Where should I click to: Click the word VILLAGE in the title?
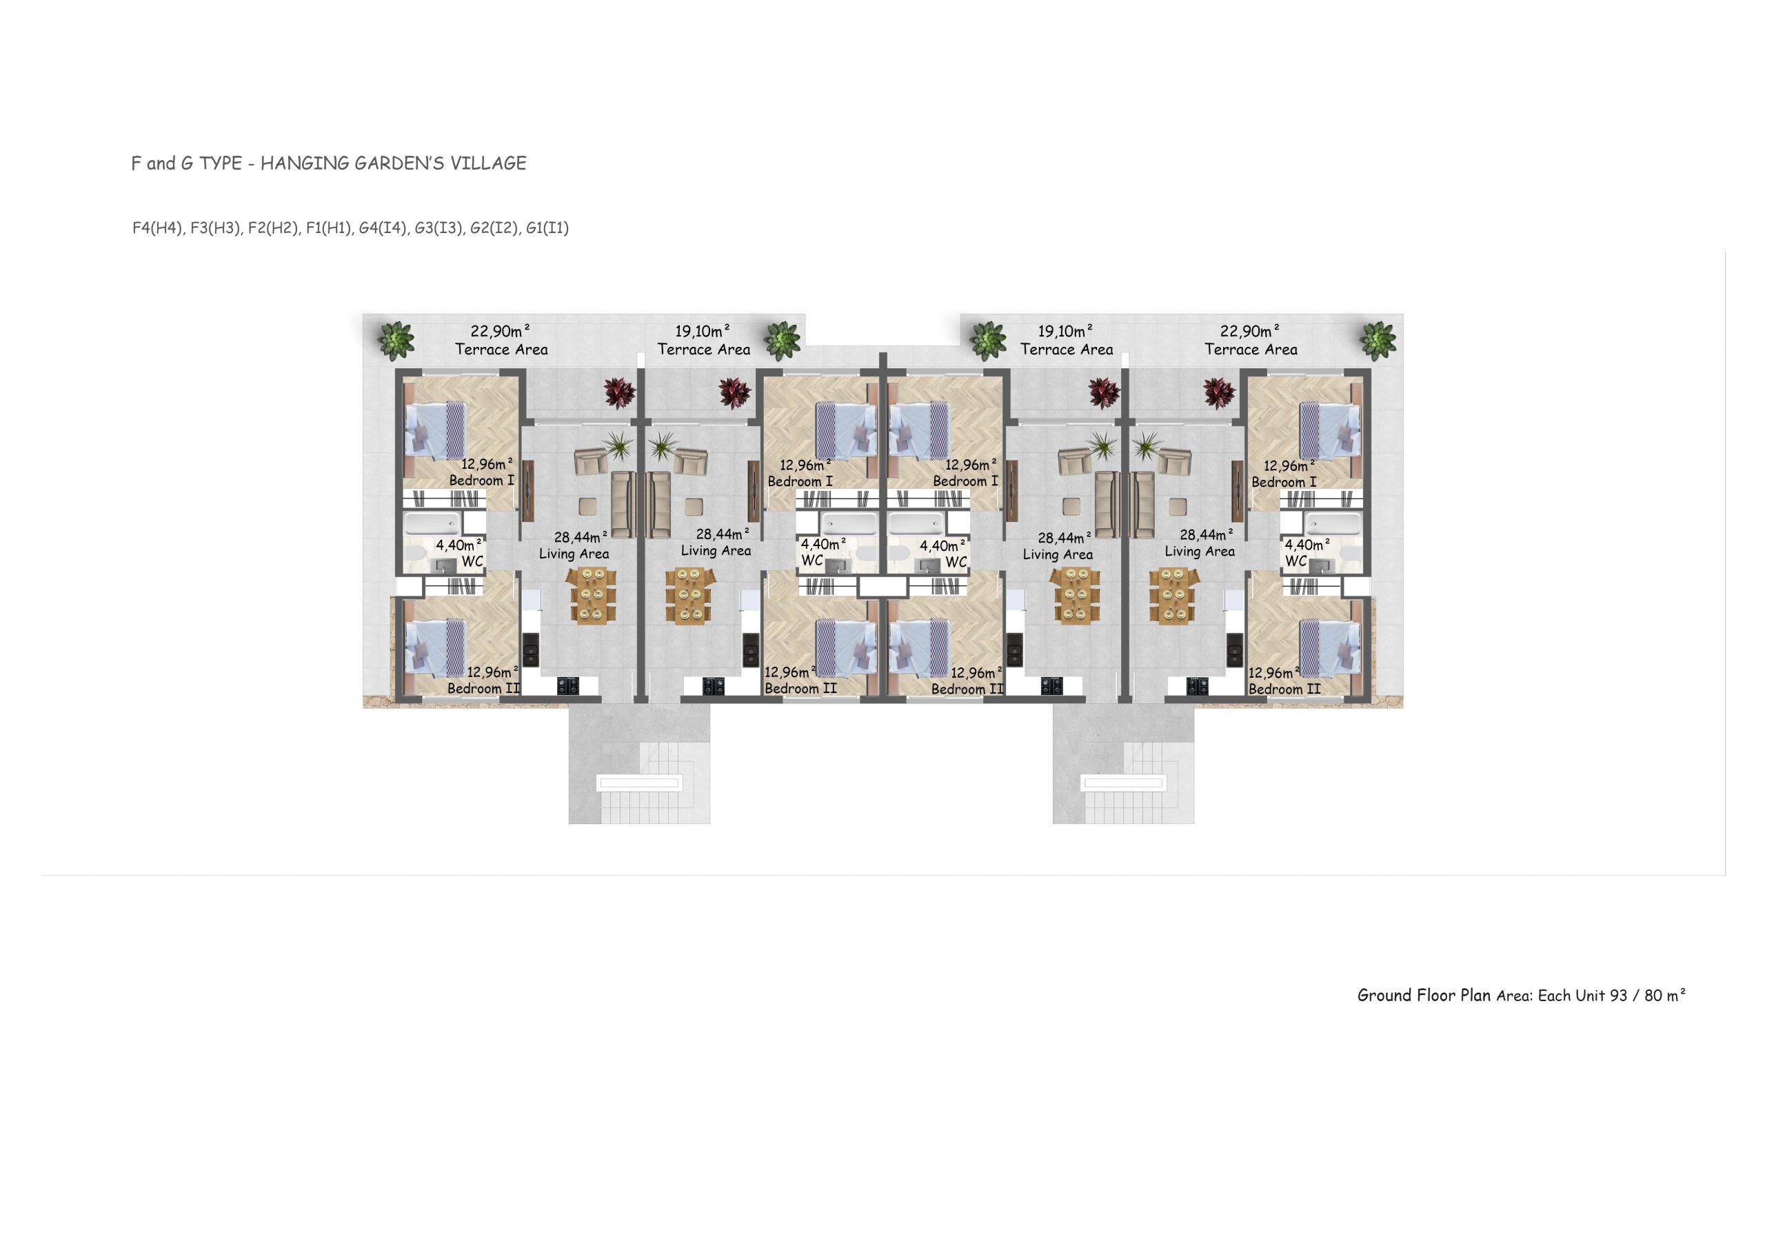coord(488,163)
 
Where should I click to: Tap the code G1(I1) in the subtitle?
coord(547,228)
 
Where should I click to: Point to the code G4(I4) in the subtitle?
coord(383,228)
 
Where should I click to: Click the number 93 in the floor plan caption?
coord(1618,995)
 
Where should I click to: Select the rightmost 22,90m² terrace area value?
coord(1250,332)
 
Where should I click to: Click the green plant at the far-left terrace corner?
coord(396,341)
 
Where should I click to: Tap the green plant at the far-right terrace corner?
coord(1378,341)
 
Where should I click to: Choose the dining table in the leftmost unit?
coord(594,594)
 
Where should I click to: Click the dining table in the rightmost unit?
coord(1173,594)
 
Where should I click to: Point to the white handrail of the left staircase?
coord(640,783)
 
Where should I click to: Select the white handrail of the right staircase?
coord(1123,783)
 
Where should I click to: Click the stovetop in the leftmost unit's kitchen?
coord(568,685)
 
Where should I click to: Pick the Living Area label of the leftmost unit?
coord(574,554)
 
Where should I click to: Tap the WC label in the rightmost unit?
coord(1296,561)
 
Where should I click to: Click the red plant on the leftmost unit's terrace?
coord(619,392)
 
